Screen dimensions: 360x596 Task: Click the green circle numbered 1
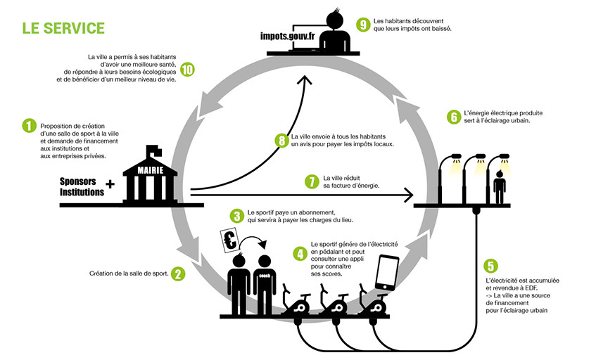[29, 125]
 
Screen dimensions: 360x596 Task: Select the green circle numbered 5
[490, 266]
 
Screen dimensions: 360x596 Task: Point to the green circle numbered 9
[363, 25]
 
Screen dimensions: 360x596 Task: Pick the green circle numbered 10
[187, 70]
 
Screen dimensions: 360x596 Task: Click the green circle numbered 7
[312, 181]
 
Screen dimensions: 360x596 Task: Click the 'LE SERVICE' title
[63, 29]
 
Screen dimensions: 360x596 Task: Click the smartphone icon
[388, 272]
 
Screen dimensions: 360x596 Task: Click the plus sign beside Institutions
[110, 184]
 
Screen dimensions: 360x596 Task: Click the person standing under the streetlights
[500, 184]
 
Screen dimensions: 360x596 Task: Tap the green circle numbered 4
[300, 252]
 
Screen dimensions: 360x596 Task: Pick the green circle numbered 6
[454, 116]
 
